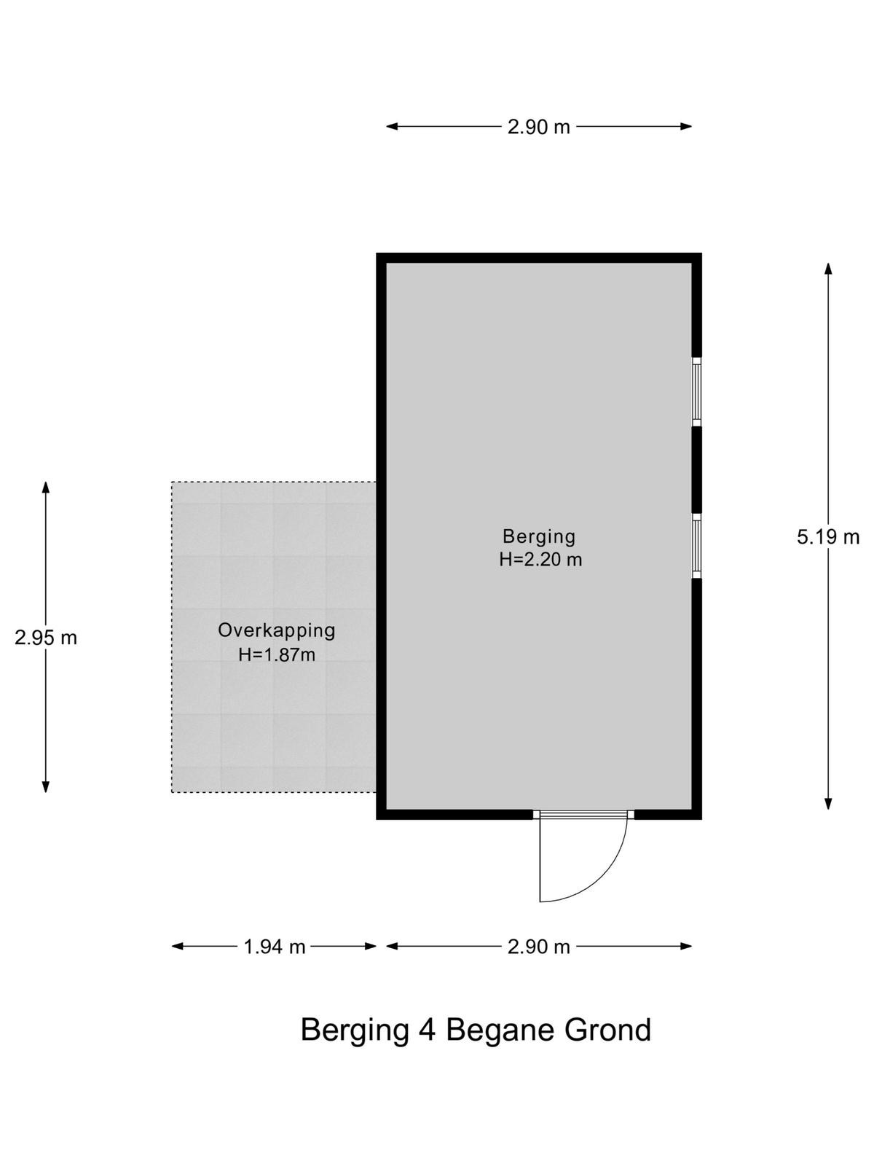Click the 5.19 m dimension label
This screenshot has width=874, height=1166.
click(827, 537)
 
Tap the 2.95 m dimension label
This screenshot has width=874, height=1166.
click(46, 638)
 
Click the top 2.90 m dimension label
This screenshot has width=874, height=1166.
click(539, 127)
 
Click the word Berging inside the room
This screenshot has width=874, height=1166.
click(539, 537)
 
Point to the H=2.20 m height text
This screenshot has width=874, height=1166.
click(540, 560)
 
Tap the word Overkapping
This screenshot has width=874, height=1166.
click(277, 631)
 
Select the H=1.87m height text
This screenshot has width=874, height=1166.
click(277, 655)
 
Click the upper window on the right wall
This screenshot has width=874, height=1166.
click(696, 392)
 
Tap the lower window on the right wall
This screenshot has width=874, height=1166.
click(696, 546)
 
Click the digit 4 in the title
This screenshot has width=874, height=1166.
click(427, 1029)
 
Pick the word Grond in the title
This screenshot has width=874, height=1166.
click(607, 1029)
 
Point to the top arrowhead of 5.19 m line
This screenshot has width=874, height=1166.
click(828, 268)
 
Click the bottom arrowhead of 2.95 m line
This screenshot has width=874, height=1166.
click(46, 786)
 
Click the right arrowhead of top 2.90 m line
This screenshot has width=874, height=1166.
click(685, 126)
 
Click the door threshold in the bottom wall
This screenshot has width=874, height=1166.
click(583, 814)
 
